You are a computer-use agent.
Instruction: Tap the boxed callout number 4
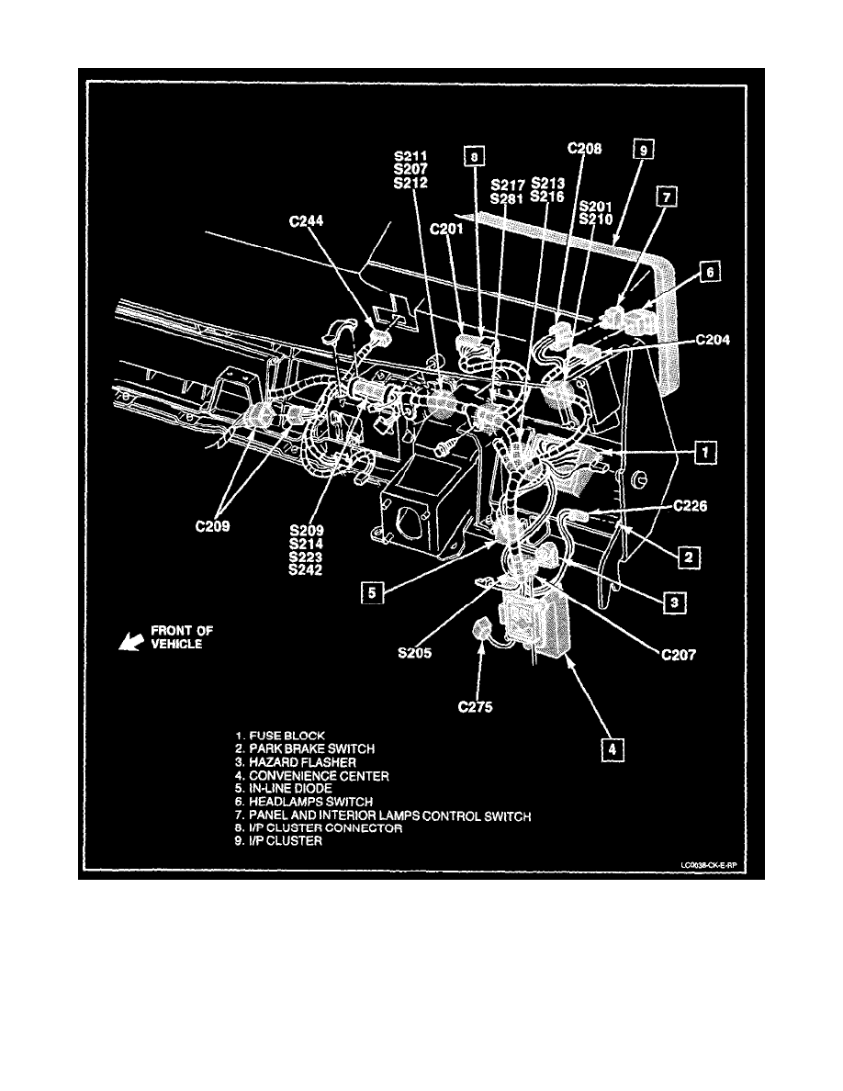pyautogui.click(x=607, y=750)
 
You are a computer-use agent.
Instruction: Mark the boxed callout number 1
pyautogui.click(x=704, y=452)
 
